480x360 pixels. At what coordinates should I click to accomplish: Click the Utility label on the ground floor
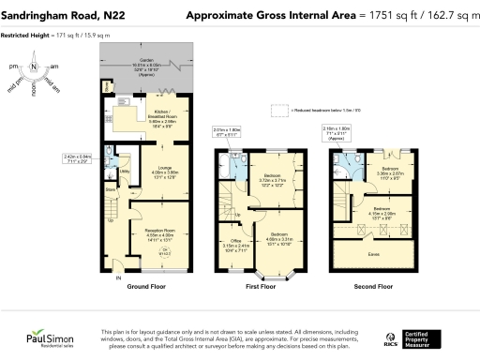click(x=124, y=172)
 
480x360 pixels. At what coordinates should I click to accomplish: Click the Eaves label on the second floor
click(x=373, y=255)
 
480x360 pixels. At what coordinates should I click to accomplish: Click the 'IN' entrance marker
click(x=118, y=278)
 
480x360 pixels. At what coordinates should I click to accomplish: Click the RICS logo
click(x=391, y=337)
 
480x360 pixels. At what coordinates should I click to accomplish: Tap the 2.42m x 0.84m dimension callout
click(x=78, y=158)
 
